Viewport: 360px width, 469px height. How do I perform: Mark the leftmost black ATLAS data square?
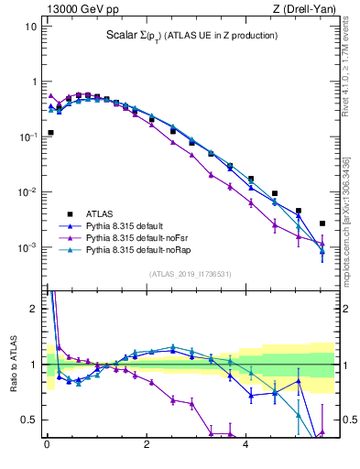pos(50,133)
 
